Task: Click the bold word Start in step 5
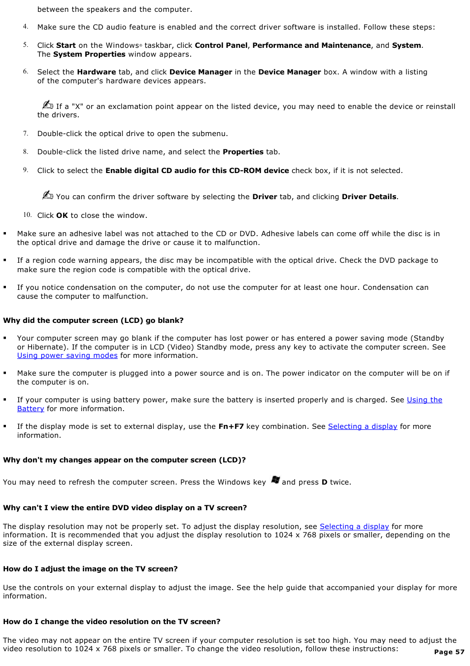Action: click(66, 45)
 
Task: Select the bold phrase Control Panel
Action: click(221, 45)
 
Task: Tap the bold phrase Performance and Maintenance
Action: click(311, 45)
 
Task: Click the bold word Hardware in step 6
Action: click(97, 72)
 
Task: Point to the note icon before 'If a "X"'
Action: click(48, 105)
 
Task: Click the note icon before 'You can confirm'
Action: click(48, 195)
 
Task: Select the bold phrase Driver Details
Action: click(369, 197)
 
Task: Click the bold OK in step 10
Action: click(62, 215)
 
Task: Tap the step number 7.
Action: click(25, 134)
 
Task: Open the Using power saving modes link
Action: click(67, 355)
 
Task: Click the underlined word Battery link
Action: click(31, 409)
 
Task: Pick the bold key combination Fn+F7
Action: click(231, 426)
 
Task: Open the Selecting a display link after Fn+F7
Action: click(363, 426)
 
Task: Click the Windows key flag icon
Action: click(275, 480)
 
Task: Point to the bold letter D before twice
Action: click(325, 482)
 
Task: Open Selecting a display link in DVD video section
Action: click(354, 526)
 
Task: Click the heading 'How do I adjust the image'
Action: click(90, 569)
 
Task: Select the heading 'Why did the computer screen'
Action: click(93, 320)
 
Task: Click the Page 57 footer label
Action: click(449, 652)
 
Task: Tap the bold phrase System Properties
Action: click(89, 54)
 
